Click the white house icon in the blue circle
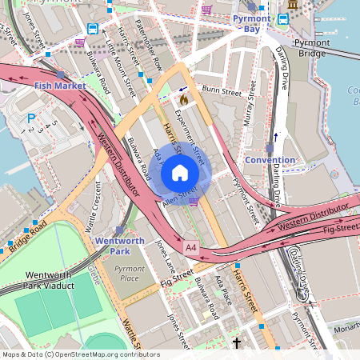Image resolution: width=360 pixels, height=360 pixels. [x=180, y=173]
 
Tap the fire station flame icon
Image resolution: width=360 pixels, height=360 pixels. [x=183, y=99]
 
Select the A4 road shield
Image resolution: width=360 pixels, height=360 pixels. [x=190, y=246]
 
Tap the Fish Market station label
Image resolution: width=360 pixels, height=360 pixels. [x=60, y=85]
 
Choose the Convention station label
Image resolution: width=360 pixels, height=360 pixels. [x=270, y=159]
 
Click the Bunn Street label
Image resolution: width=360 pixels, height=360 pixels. [x=222, y=91]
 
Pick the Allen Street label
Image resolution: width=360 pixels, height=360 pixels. [x=179, y=194]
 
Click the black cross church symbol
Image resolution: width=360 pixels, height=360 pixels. [x=236, y=343]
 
